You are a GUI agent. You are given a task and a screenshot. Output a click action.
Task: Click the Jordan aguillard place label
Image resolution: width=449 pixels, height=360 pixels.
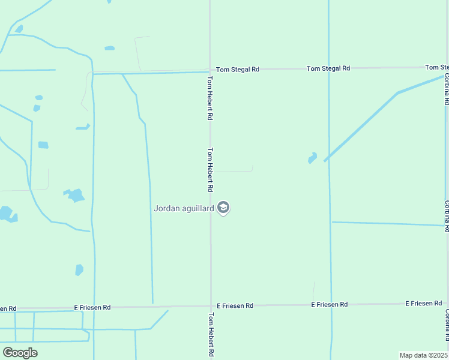click(184, 209)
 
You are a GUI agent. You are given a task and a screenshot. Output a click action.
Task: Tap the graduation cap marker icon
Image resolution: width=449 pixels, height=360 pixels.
click(223, 208)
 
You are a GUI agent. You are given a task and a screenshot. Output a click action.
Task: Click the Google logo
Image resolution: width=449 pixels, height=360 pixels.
click(20, 353)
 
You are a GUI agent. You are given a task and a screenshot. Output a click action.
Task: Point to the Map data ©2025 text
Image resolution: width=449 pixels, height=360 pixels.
click(424, 355)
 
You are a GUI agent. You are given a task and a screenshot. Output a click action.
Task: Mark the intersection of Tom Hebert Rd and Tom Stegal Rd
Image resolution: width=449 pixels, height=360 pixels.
click(210, 70)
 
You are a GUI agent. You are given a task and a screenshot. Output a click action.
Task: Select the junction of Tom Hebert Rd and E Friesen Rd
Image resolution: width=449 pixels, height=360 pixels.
click(210, 306)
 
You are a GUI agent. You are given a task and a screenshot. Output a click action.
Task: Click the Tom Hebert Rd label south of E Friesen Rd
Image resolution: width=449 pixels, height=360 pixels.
click(211, 335)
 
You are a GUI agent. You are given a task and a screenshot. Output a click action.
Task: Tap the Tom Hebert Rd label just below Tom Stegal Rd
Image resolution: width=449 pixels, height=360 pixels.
click(210, 98)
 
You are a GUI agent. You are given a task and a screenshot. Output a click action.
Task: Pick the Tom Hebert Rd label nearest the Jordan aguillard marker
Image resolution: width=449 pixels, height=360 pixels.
click(211, 170)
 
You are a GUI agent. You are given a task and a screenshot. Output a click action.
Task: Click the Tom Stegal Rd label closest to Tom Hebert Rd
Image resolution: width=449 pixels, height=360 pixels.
click(238, 70)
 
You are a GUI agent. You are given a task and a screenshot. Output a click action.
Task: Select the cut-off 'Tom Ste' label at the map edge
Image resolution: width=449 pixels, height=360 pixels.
click(436, 67)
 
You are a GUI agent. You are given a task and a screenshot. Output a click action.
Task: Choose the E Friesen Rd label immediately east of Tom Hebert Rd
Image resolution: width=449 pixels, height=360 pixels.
click(235, 306)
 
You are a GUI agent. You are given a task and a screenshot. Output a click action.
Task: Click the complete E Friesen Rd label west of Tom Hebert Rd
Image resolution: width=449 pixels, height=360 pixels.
click(92, 307)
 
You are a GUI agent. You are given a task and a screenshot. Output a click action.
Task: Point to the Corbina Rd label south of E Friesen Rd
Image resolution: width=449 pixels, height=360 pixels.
click(447, 324)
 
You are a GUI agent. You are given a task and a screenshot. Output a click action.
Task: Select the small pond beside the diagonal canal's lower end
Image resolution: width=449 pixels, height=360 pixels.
click(312, 158)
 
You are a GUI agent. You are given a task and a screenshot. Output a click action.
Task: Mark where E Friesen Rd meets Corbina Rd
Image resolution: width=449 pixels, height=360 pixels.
click(447, 303)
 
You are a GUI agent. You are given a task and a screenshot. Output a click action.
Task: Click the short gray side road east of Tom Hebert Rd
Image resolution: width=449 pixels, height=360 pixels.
click(234, 171)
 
